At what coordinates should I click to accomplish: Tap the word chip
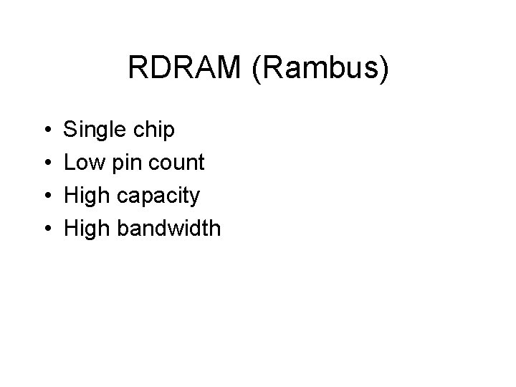point(153,130)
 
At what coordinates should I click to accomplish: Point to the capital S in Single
point(71,130)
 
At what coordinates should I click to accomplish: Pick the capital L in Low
point(70,163)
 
